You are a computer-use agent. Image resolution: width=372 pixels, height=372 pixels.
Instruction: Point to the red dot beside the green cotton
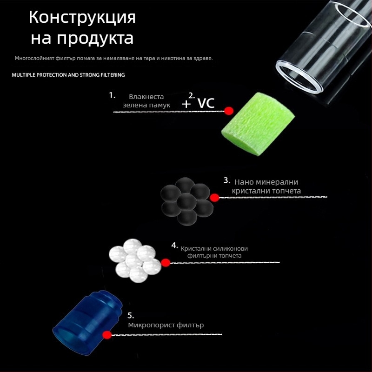(228, 111)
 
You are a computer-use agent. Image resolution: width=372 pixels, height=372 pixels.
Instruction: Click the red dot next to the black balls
(214, 198)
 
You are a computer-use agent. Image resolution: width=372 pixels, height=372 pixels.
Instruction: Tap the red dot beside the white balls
(166, 263)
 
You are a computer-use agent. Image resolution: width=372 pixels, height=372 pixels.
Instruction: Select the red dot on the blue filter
(107, 335)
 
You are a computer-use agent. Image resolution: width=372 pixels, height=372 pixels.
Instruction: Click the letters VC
(206, 103)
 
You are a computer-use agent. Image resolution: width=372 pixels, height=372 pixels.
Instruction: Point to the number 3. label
(227, 180)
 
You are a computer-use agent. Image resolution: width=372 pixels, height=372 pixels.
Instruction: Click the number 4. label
(174, 245)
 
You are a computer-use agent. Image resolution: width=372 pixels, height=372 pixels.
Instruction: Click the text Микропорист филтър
(166, 325)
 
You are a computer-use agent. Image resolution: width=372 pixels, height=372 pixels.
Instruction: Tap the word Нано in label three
(245, 182)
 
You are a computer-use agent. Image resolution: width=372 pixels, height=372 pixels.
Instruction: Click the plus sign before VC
(186, 104)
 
